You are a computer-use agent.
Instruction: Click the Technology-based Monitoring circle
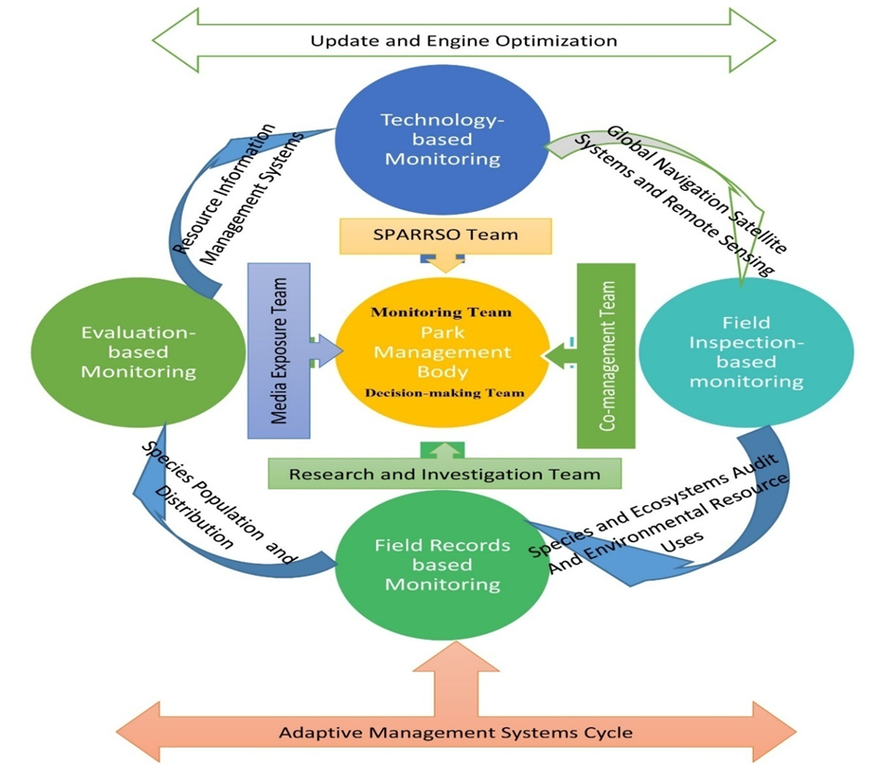tap(442, 140)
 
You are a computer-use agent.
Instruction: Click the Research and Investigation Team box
tap(444, 473)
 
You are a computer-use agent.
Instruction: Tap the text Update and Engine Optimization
tap(464, 41)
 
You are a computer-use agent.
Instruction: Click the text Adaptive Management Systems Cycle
tap(456, 733)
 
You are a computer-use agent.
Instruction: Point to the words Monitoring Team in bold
tap(441, 312)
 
